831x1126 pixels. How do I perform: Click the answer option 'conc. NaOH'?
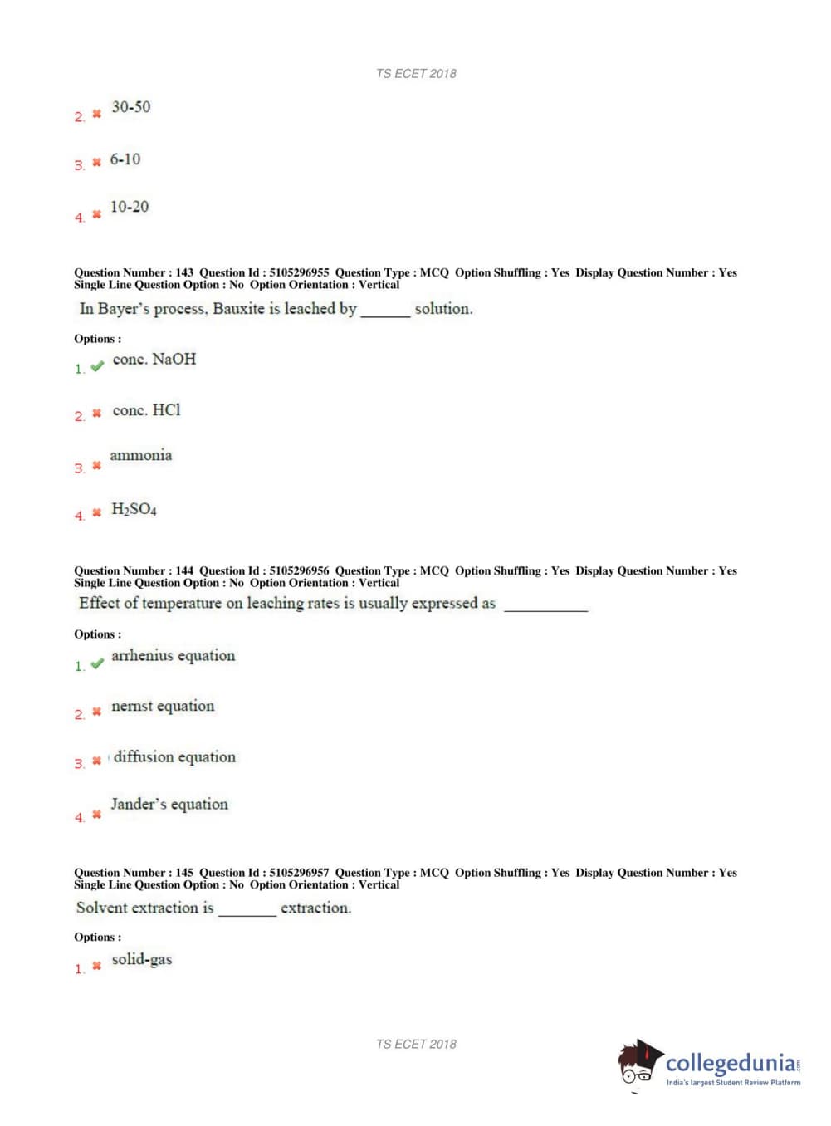point(154,360)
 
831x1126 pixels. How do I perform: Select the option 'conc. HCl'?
point(146,410)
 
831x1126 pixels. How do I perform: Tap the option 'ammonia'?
point(141,455)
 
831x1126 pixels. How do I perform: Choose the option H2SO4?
point(134,509)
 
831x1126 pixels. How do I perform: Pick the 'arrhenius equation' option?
point(174,656)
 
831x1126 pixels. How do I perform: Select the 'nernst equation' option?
point(163,707)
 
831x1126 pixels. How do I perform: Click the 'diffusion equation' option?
point(174,757)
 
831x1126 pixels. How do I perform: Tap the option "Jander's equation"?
point(169,805)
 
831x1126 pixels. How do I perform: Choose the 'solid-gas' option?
point(142,960)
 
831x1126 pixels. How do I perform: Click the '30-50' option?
point(131,107)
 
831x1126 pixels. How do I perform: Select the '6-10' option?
point(125,159)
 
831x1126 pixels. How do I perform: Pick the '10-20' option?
point(130,207)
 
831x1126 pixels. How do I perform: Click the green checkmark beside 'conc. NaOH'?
point(97,366)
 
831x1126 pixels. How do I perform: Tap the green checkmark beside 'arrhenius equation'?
point(97,663)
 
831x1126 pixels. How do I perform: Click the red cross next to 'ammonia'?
point(96,466)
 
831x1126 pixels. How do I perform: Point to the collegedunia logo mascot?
point(638,1062)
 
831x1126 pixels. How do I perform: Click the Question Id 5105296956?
point(299,571)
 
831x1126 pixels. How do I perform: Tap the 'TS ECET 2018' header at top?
point(416,74)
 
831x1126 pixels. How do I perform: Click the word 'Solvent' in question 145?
point(104,908)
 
